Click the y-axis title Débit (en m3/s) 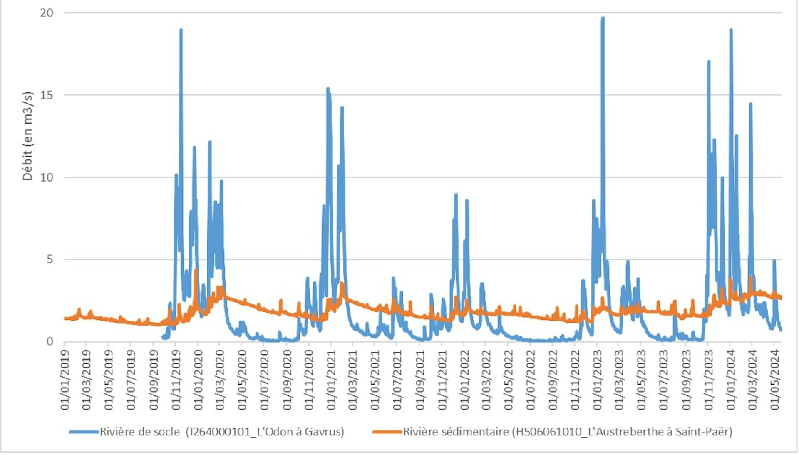pos(27,136)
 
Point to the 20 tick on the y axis pos(47,13)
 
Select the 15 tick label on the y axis pos(47,95)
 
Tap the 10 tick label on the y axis pos(47,177)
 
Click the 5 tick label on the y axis pos(50,259)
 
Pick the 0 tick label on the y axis pos(50,342)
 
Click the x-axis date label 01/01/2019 pos(65,380)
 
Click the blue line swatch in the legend pos(84,432)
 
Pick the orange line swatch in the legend pos(387,432)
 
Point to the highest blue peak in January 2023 pos(603,18)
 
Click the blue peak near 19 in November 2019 pos(181,30)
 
